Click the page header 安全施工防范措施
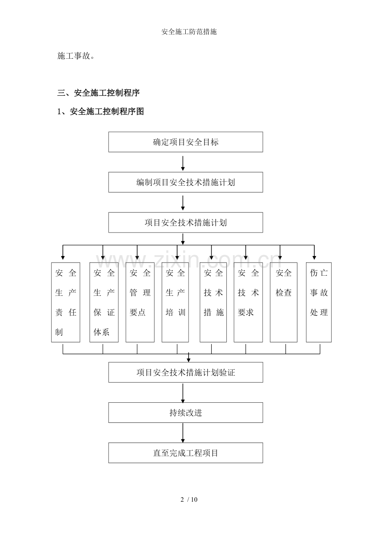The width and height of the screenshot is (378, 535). tap(189, 32)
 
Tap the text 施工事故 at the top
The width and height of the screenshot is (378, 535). tap(76, 56)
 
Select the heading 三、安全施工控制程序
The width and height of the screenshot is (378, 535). tap(99, 93)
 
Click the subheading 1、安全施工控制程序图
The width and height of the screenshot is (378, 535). tap(101, 111)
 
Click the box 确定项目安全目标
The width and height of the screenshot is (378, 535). tap(186, 142)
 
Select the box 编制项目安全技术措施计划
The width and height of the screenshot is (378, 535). tap(186, 182)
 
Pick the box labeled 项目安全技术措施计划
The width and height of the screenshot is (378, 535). tap(186, 223)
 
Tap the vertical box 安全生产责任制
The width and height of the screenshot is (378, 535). tap(66, 302)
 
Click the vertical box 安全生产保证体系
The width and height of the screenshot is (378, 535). tap(104, 302)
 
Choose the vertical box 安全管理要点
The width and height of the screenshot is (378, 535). tap(140, 302)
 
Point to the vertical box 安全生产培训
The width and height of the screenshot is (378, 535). tap(175, 302)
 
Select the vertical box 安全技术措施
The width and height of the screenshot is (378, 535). tap(213, 302)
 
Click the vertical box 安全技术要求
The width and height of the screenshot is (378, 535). tap(248, 302)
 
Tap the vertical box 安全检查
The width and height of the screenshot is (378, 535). tap(283, 302)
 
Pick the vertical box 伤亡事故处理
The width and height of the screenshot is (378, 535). tap(319, 302)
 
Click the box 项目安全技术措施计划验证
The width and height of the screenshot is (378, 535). tap(186, 373)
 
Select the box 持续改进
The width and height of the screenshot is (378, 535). tap(186, 413)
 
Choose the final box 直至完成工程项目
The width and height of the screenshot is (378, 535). tap(186, 453)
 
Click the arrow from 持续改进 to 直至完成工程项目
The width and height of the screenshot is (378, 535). tap(183, 433)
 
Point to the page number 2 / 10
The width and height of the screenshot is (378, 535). tap(189, 500)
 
